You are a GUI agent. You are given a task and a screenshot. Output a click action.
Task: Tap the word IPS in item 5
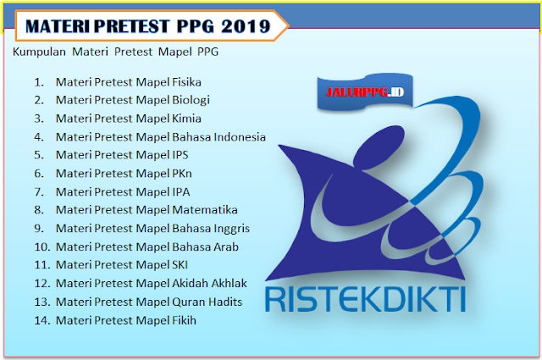point(179,155)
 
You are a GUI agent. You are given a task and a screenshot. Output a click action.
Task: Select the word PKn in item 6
point(180,174)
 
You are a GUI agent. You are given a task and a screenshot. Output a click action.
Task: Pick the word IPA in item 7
point(179,191)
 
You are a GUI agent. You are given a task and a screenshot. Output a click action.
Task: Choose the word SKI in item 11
point(179,265)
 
